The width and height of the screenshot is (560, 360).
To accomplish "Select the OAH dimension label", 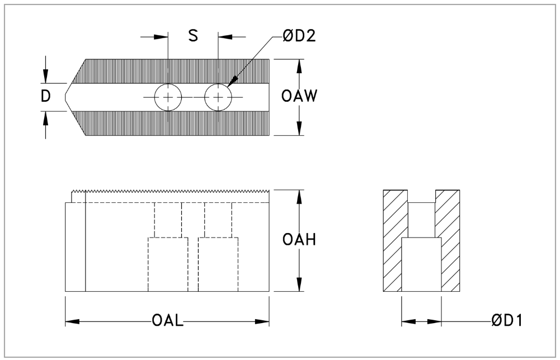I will (x=299, y=240).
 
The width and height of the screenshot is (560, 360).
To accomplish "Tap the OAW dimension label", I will (x=299, y=96).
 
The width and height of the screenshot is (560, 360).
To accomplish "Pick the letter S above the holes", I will (x=192, y=36).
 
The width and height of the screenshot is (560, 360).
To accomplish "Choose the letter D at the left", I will (x=46, y=96).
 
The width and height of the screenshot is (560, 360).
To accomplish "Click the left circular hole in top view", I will (x=168, y=98).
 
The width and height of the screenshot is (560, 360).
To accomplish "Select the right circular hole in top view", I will (x=218, y=98).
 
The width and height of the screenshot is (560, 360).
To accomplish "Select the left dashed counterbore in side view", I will (x=168, y=264).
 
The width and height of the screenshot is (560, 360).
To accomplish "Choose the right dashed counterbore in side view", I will (x=218, y=264).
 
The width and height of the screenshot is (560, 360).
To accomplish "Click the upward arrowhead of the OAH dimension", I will (x=299, y=195).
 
